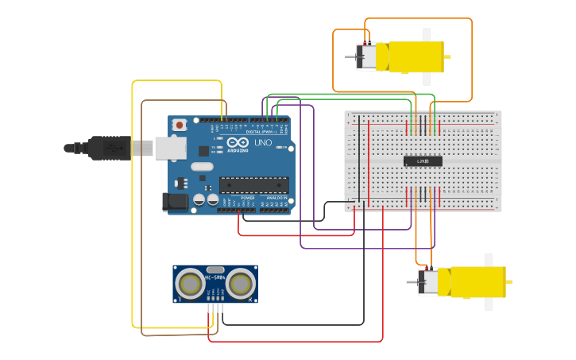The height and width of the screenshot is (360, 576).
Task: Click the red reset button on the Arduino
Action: (x=180, y=125)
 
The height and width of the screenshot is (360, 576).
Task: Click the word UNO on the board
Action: (x=262, y=143)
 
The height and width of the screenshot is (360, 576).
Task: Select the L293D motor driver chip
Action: (x=423, y=161)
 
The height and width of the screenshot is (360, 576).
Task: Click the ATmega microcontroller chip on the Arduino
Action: (x=253, y=185)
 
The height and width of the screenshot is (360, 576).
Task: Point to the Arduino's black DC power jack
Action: (x=175, y=202)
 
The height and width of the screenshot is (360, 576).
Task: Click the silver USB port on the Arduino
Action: (x=168, y=147)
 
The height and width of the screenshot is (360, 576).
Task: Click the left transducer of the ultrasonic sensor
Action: (x=191, y=283)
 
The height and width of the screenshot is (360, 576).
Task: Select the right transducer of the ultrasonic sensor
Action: (x=241, y=283)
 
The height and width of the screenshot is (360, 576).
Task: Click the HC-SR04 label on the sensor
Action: (x=215, y=277)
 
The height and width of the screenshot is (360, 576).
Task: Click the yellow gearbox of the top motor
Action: (x=416, y=57)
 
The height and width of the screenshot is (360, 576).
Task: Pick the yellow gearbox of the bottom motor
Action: (x=477, y=282)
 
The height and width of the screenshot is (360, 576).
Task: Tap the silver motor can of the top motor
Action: (x=368, y=57)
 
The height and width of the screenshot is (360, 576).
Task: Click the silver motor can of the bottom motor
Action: (x=429, y=282)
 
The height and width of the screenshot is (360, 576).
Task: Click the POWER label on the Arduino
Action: (x=248, y=198)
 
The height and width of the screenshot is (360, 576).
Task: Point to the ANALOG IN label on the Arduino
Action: (x=276, y=198)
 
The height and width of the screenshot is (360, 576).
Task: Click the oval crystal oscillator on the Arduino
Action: (x=202, y=167)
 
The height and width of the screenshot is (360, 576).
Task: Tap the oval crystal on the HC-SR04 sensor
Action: (x=215, y=269)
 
